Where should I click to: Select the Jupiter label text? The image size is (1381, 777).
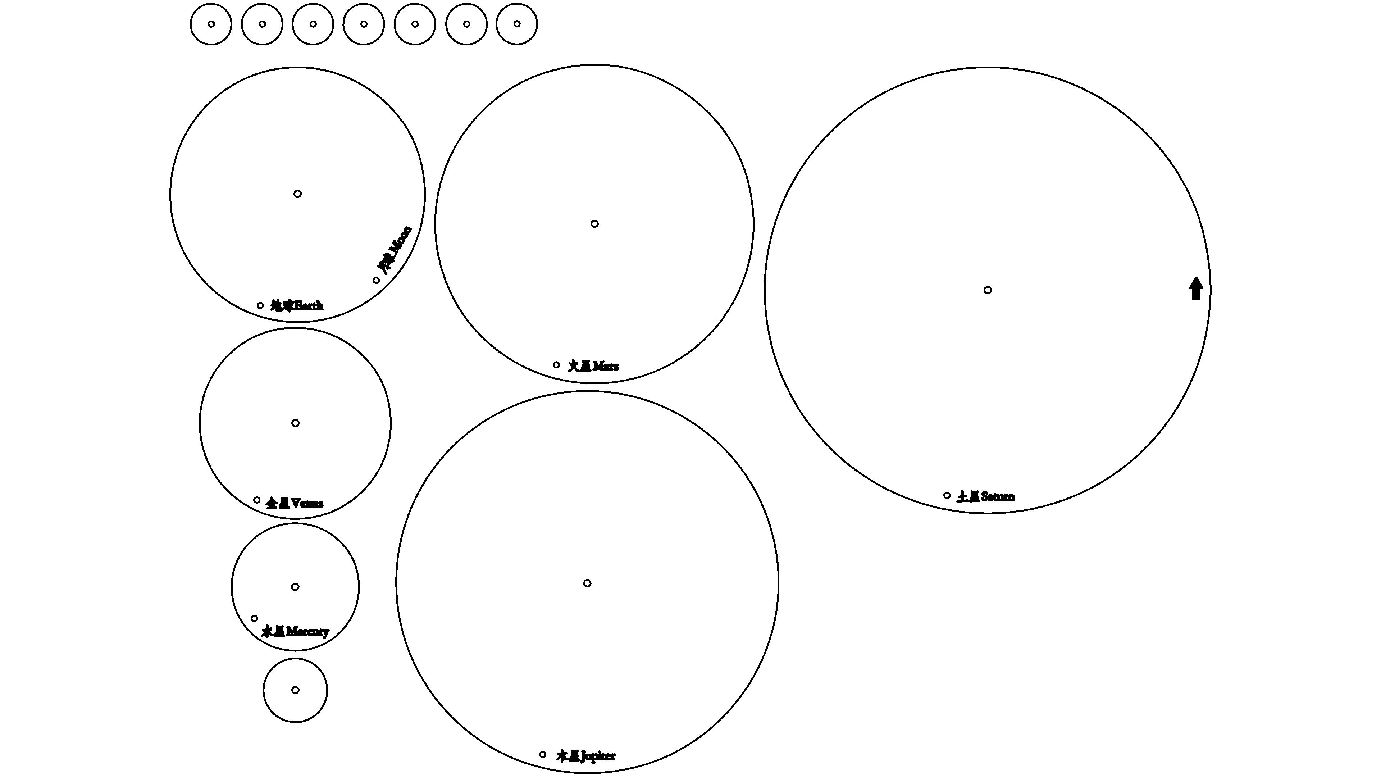pyautogui.click(x=585, y=756)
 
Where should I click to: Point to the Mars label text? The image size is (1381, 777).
pyautogui.click(x=593, y=366)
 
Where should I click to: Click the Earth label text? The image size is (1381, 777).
pyautogui.click(x=297, y=306)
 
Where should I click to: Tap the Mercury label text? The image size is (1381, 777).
pyautogui.click(x=295, y=631)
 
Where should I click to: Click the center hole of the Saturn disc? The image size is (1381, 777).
pyautogui.click(x=988, y=290)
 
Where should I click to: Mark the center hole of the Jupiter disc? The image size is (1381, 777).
pyautogui.click(x=587, y=583)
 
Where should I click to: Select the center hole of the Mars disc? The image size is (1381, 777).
pyautogui.click(x=594, y=224)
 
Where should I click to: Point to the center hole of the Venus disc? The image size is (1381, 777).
pyautogui.click(x=295, y=423)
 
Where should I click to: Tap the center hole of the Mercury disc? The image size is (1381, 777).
pyautogui.click(x=295, y=587)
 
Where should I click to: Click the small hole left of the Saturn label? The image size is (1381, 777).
pyautogui.click(x=947, y=495)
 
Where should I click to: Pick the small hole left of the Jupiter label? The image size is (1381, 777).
pyautogui.click(x=543, y=754)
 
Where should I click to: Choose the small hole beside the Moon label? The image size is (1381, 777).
pyautogui.click(x=376, y=280)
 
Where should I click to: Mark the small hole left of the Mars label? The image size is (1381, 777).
pyautogui.click(x=556, y=365)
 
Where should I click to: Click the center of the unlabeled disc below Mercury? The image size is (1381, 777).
pyautogui.click(x=295, y=690)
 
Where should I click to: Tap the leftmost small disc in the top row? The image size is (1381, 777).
pyautogui.click(x=211, y=24)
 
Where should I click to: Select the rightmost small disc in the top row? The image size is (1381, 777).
pyautogui.click(x=517, y=24)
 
